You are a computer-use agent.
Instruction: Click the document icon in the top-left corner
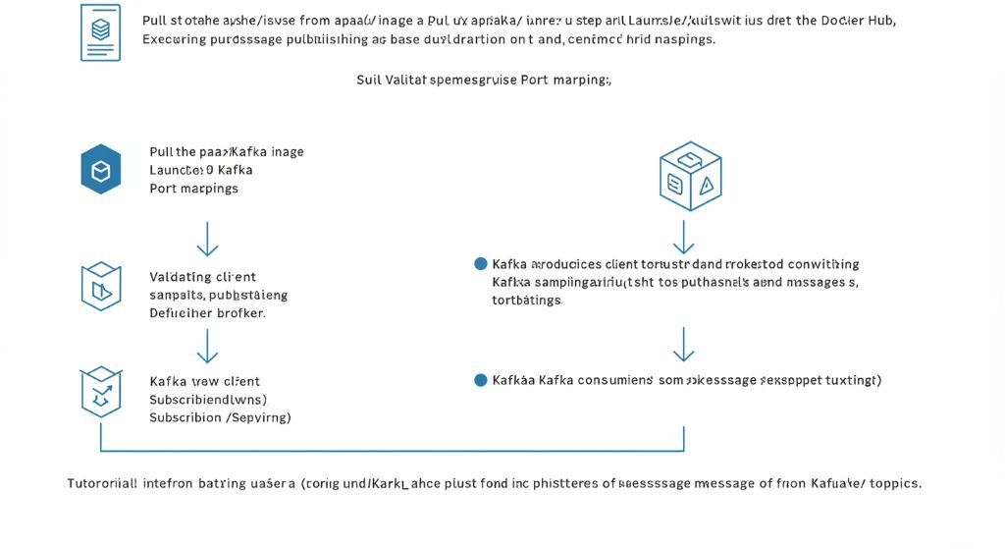(100, 32)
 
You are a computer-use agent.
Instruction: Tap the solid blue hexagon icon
(100, 170)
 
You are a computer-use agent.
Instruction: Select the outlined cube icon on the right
(690, 176)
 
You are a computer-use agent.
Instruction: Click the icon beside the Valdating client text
(100, 287)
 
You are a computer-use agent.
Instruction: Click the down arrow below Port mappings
(207, 239)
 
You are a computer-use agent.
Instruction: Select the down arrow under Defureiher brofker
(207, 346)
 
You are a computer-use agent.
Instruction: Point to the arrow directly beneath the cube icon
(684, 237)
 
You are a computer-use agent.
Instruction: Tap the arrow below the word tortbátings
(684, 344)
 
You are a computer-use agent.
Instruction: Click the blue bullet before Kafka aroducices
(480, 264)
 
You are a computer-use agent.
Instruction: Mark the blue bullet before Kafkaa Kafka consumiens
(480, 380)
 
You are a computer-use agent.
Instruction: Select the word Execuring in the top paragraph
(177, 39)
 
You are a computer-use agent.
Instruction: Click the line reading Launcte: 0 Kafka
(200, 170)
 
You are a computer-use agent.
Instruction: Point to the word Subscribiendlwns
(207, 400)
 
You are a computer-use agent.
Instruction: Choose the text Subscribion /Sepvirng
(220, 417)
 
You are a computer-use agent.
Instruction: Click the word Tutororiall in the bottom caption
(102, 483)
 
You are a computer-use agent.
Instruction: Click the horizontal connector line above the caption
(393, 452)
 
